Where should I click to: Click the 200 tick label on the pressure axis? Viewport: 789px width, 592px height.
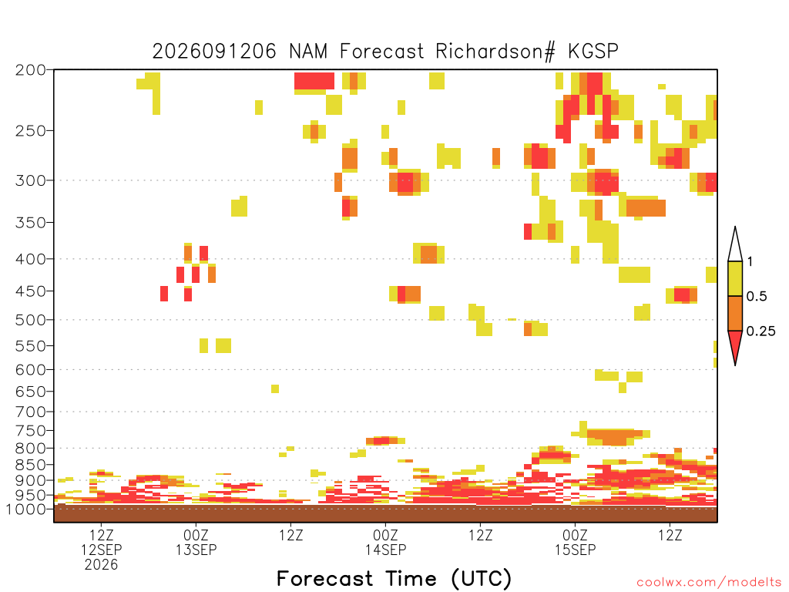pyautogui.click(x=31, y=70)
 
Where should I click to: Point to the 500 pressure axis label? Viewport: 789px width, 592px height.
pyautogui.click(x=31, y=320)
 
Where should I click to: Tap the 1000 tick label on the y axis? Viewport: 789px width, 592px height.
pyautogui.click(x=26, y=509)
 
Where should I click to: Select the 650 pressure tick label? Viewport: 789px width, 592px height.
pyautogui.click(x=31, y=391)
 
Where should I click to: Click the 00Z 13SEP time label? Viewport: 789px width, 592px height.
pyautogui.click(x=196, y=542)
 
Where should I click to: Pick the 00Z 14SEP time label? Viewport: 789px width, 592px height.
pyautogui.click(x=385, y=542)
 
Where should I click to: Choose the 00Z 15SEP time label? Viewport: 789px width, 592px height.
pyautogui.click(x=575, y=542)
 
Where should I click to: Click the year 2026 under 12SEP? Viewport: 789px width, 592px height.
pyautogui.click(x=101, y=565)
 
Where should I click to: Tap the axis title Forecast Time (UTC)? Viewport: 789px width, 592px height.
pyautogui.click(x=394, y=578)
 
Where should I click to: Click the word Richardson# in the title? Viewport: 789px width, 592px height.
pyautogui.click(x=495, y=52)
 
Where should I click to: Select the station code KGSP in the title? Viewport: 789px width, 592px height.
pyautogui.click(x=593, y=52)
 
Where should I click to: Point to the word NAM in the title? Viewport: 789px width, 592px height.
pyautogui.click(x=308, y=52)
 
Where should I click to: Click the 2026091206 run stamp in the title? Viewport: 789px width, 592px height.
pyautogui.click(x=214, y=52)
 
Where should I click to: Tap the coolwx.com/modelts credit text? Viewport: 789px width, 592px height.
pyautogui.click(x=709, y=583)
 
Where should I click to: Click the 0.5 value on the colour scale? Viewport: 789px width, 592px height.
pyautogui.click(x=757, y=297)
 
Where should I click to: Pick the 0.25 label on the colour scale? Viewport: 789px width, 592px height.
pyautogui.click(x=760, y=331)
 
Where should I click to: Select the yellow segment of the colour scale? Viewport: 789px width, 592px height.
pyautogui.click(x=735, y=278)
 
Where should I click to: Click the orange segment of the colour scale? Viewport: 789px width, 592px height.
pyautogui.click(x=735, y=313)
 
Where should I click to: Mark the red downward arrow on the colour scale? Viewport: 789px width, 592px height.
pyautogui.click(x=735, y=345)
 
